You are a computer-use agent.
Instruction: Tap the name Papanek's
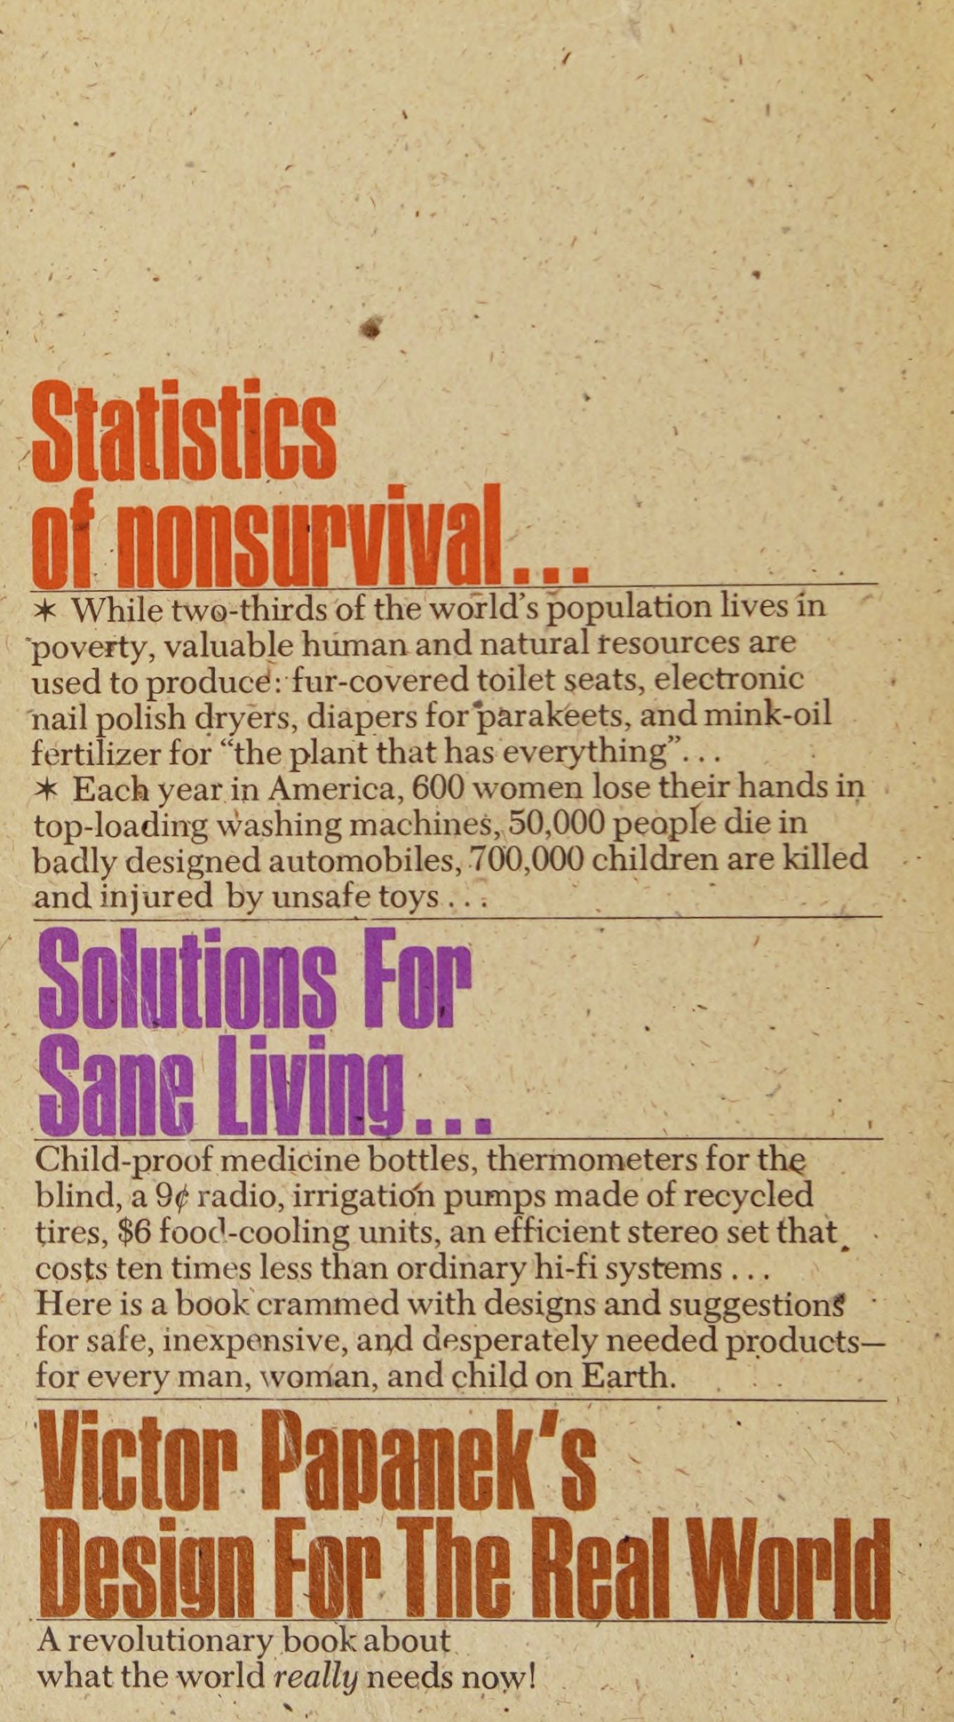429,1461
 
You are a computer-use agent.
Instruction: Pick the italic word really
315,1678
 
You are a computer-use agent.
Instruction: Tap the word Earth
629,1376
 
